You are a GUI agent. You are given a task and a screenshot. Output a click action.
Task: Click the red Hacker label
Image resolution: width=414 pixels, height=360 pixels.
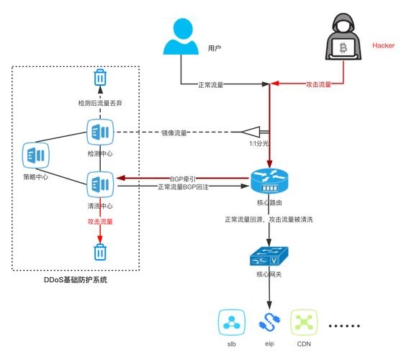(383, 45)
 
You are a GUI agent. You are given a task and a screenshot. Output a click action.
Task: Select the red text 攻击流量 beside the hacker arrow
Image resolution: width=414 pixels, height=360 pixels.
(318, 84)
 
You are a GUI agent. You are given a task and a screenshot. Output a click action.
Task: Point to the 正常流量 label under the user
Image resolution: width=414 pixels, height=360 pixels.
(210, 84)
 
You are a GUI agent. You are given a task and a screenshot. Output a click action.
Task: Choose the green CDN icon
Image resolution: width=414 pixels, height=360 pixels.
(303, 322)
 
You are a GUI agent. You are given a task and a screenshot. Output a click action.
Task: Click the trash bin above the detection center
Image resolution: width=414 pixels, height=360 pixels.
(99, 77)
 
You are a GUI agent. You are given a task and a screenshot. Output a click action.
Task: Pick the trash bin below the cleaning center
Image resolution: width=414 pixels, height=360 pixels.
(99, 252)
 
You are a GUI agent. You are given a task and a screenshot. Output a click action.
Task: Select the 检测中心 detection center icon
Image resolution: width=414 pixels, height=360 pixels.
(99, 132)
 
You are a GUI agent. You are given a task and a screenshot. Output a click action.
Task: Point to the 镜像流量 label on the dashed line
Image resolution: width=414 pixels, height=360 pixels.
(174, 133)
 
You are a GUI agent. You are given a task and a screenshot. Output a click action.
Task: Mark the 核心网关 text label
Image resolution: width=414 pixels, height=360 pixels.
(269, 275)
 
